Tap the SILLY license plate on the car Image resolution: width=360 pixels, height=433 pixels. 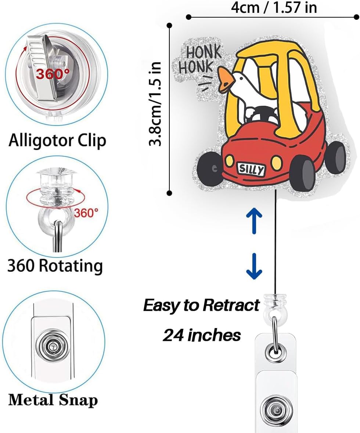pos(251,169)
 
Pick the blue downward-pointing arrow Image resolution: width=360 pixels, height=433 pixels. pos(254,268)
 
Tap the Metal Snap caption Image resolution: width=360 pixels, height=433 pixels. pos(53,400)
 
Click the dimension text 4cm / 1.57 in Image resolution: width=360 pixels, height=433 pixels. pos(274,7)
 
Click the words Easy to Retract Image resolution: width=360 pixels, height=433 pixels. pos(201,305)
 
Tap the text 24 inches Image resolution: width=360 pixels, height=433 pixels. pos(202,335)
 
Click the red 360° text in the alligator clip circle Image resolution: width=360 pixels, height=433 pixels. pos(53,74)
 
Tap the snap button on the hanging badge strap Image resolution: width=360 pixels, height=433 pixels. pos(274,408)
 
